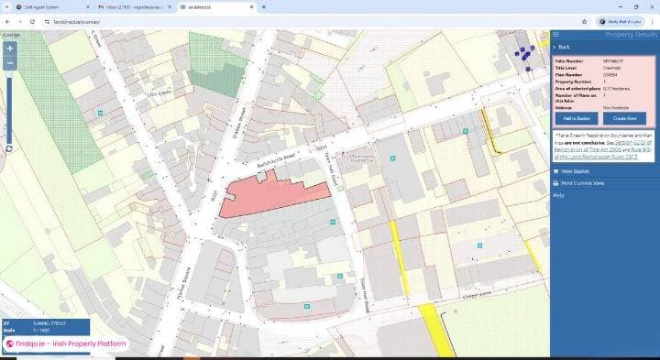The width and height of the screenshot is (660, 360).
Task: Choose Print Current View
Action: pos(581,183)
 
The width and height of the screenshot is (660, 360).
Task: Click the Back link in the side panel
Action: pos(564,47)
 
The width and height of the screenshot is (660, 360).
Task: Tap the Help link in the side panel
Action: pos(558,195)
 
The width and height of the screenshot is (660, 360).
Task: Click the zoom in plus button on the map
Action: pos(10,48)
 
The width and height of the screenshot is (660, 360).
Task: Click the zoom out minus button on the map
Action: pos(10,63)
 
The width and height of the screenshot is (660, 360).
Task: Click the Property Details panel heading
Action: pos(631,34)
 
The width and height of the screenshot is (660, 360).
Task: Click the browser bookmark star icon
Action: pos(584,21)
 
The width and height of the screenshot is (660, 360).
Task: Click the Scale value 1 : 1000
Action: pos(45,330)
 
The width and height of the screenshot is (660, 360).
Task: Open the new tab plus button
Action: pos(265,6)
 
